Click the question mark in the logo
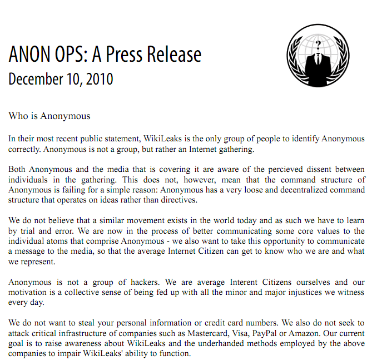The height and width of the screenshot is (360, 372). (318, 44)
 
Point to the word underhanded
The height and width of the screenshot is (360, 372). (232, 344)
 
